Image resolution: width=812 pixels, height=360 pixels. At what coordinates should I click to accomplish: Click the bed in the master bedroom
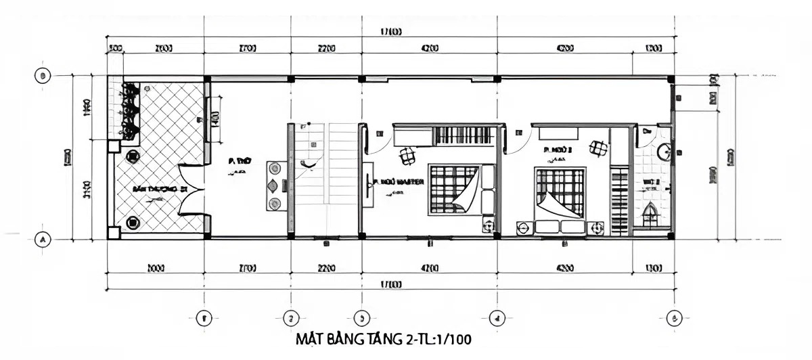coord(455,189)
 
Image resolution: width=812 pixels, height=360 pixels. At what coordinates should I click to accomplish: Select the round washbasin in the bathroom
coord(664,153)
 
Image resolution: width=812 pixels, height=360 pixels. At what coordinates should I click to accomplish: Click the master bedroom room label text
coord(399,182)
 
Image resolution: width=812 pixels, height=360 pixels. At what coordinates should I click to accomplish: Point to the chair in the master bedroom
coord(407,156)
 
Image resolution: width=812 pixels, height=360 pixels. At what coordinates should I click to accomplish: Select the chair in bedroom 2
coord(597,148)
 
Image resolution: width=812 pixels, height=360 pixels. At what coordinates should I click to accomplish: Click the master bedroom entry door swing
coord(379,139)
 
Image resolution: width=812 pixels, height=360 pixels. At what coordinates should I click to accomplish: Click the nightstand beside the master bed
coord(487,226)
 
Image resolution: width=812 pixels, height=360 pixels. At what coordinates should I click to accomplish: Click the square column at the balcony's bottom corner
coord(114,233)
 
